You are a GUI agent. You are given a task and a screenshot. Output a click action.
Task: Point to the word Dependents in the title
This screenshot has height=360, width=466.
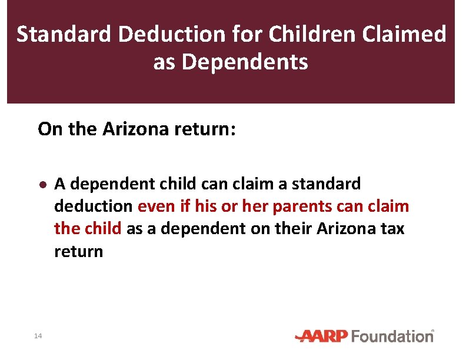pos(245,62)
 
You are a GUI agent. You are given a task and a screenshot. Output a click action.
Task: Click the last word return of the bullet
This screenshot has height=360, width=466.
pos(78,252)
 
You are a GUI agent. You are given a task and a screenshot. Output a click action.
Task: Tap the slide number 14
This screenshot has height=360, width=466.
pos(38,336)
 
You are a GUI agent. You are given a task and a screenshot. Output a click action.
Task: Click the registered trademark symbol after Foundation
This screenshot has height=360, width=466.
pos(432,331)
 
